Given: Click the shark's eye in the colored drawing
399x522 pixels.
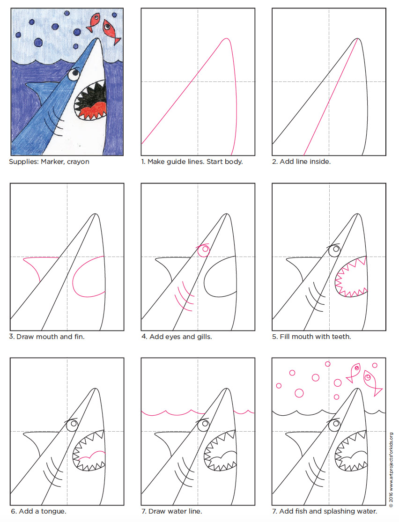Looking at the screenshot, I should pos(73,74).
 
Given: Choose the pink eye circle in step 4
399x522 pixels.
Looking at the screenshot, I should pos(203,251).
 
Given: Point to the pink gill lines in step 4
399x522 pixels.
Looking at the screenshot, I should pos(183,296).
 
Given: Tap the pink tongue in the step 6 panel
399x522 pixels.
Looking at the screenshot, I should pos(91,454).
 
